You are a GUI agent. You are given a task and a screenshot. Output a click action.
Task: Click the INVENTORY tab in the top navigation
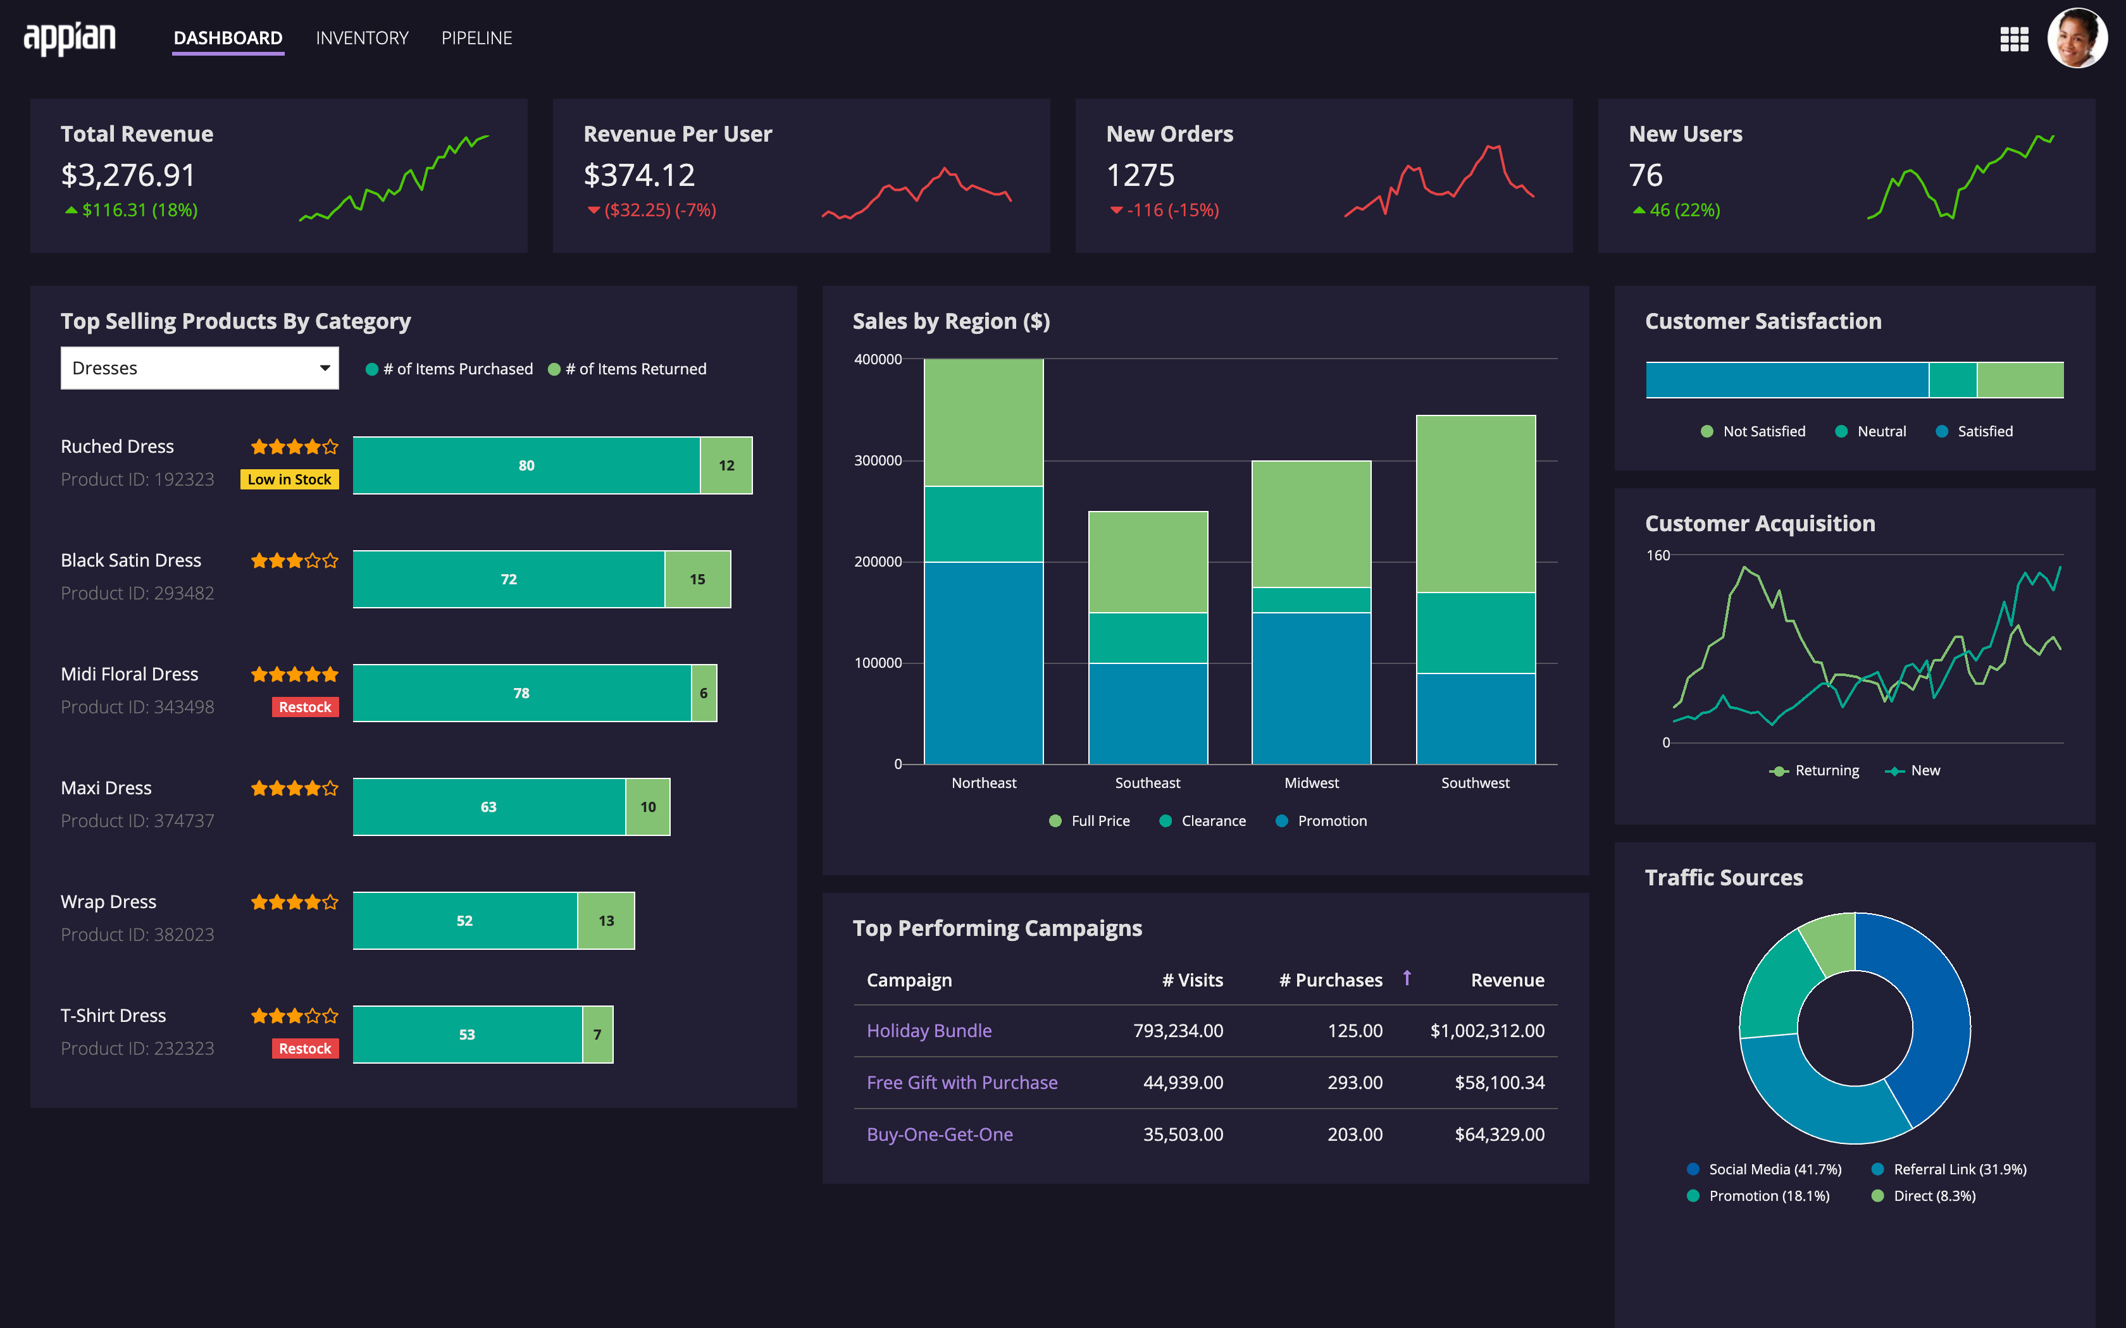pos(362,38)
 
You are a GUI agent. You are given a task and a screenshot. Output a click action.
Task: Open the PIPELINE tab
pos(476,38)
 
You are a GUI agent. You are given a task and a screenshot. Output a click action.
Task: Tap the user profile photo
pos(2076,38)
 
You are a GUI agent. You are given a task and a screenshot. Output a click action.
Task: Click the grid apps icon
pos(2013,39)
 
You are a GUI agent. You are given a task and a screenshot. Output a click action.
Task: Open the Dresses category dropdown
pos(199,368)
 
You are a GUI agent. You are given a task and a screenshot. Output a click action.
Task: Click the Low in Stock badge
pos(289,479)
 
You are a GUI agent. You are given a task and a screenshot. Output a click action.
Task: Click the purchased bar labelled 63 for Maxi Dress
pos(488,807)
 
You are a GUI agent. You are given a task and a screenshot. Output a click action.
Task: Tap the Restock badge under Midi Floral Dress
pos(305,707)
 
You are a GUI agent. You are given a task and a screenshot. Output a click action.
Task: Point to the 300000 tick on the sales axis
pos(878,461)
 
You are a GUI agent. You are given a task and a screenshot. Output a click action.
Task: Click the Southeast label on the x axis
pos(1147,783)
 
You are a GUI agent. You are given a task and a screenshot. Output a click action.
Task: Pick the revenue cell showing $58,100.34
pos(1499,1083)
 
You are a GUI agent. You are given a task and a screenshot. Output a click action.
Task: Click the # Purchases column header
pos(1330,980)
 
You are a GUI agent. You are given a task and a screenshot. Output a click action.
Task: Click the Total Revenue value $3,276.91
pos(128,176)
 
